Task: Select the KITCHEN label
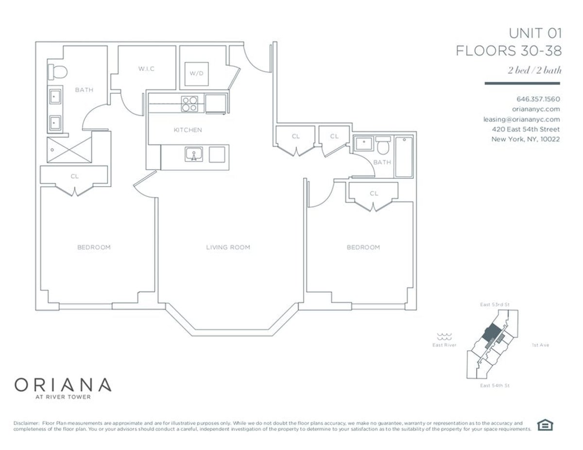(188, 130)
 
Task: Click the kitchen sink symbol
(193, 154)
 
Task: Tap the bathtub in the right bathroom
(404, 157)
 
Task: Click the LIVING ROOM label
(228, 247)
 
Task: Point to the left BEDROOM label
(94, 247)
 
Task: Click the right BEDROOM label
(363, 247)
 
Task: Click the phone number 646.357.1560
(538, 99)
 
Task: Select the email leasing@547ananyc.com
(521, 119)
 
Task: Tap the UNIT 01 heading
(535, 33)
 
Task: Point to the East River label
(444, 345)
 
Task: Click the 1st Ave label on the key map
(540, 345)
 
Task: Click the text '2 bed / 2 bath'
(534, 70)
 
